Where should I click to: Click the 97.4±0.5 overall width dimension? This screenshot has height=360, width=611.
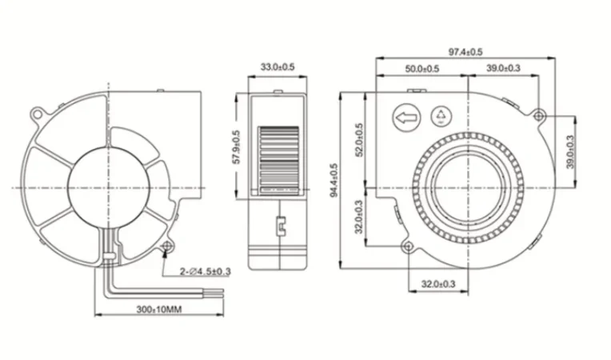pos(465,51)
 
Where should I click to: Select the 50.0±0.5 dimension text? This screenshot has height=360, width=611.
pos(421,70)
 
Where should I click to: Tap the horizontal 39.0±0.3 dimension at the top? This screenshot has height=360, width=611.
pos(504,70)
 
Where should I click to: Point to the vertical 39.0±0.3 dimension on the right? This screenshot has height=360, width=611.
pos(569,151)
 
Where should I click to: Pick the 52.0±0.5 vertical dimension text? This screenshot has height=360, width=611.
pos(360,140)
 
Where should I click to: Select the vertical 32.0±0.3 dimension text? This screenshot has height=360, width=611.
pos(360,216)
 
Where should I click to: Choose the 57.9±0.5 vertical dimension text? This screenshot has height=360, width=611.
pos(236,145)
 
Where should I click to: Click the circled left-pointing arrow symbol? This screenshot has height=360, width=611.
pos(405,119)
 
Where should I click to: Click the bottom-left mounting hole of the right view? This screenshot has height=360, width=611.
pos(409,245)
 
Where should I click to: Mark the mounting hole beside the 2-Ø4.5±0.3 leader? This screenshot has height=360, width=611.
pos(168,245)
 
